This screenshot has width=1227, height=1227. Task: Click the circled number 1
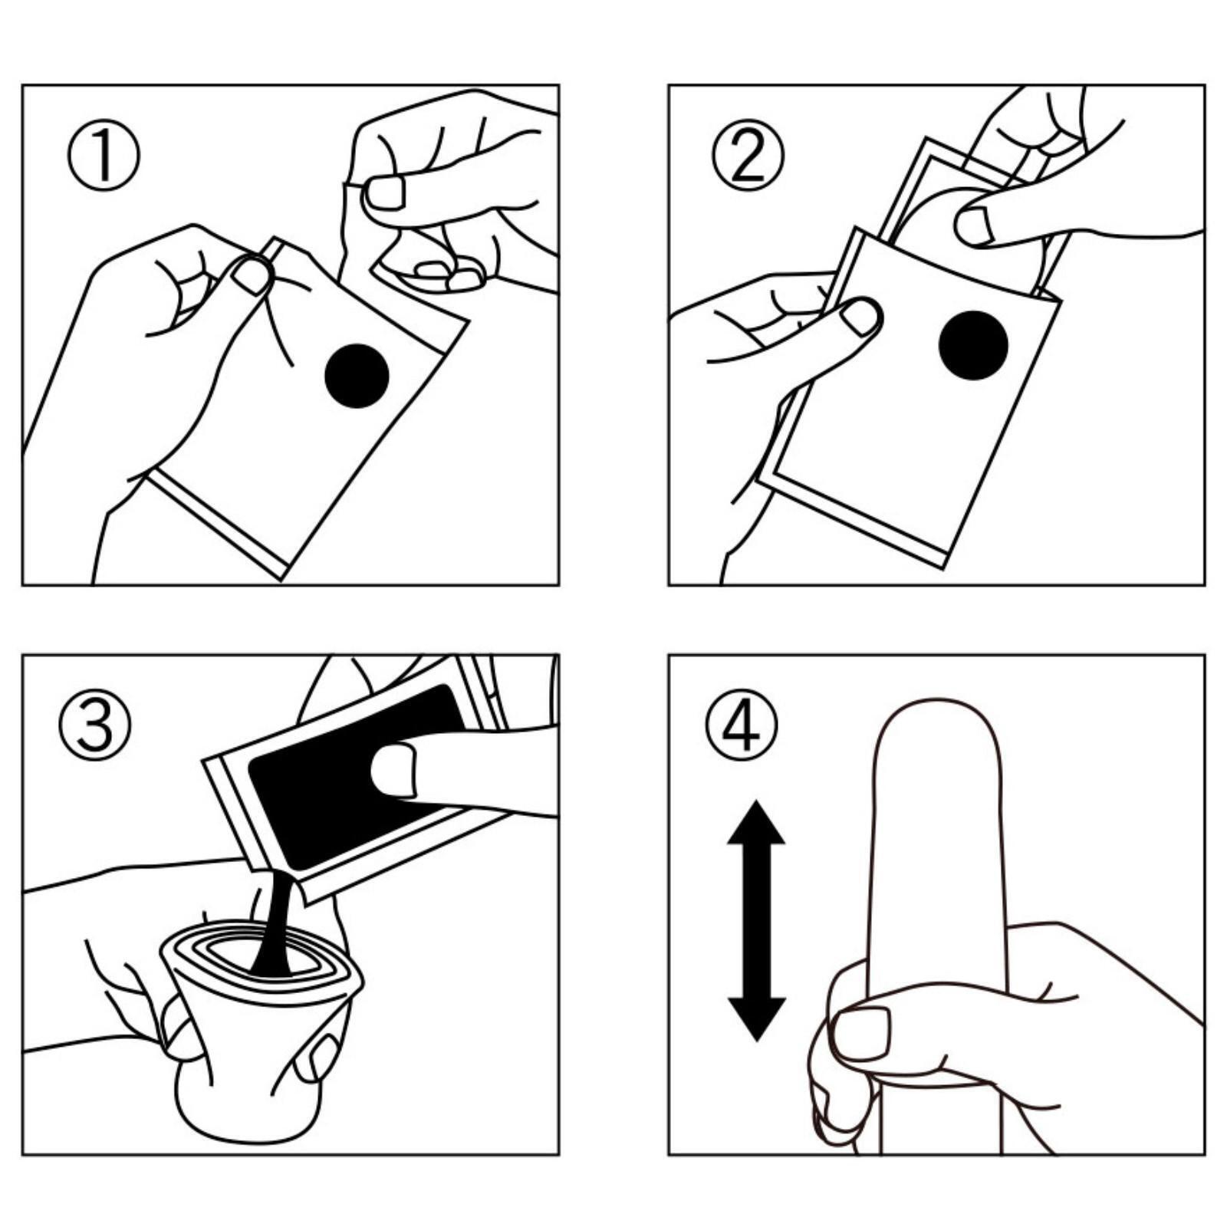[104, 157]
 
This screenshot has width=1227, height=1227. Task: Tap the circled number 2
[748, 157]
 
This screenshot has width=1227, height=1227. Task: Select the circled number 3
[95, 723]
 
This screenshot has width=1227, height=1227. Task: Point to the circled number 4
[741, 723]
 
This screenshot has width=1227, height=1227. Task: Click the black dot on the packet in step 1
[357, 376]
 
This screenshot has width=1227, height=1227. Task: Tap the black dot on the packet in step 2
[973, 345]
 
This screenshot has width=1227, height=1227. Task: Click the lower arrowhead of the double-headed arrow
[756, 1019]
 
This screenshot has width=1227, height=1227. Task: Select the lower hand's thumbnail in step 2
[861, 316]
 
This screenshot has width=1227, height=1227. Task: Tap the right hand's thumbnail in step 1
[385, 192]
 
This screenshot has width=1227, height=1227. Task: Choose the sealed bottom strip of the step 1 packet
[216, 523]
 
